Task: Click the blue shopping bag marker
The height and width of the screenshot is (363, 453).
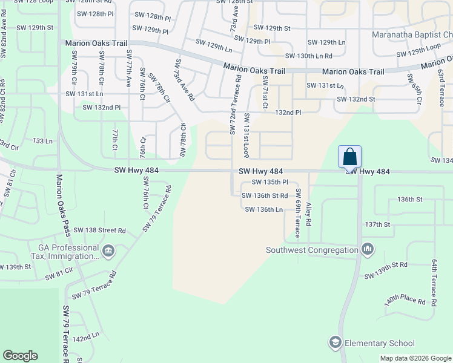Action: (x=350, y=157)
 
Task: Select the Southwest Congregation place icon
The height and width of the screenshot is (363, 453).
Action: (x=368, y=249)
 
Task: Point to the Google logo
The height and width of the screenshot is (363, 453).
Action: (x=20, y=356)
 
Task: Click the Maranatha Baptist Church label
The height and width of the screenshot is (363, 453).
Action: (x=411, y=34)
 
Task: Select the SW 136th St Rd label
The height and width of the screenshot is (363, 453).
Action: (x=265, y=195)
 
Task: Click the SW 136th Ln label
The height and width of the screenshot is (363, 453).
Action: (x=264, y=209)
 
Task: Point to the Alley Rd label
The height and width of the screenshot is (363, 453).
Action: (x=308, y=214)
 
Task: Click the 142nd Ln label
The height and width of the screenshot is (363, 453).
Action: (x=86, y=336)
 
